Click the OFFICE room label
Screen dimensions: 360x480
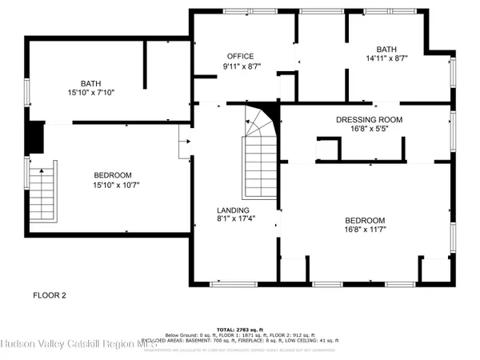coord(240,56)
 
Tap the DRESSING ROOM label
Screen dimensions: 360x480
coord(368,119)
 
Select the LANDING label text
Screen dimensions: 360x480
coord(233,210)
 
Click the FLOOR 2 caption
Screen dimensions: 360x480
coord(49,295)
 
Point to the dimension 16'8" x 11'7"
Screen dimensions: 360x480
coord(365,231)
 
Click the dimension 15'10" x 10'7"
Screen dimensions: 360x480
coord(113,186)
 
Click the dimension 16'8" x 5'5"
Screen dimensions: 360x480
coord(368,130)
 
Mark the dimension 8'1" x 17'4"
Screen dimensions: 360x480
coord(233,221)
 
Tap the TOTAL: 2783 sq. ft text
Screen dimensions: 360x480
coord(240,330)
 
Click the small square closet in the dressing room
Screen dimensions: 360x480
coord(328,150)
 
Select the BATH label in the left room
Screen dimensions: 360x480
coord(90,83)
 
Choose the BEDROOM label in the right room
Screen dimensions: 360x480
coord(365,221)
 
